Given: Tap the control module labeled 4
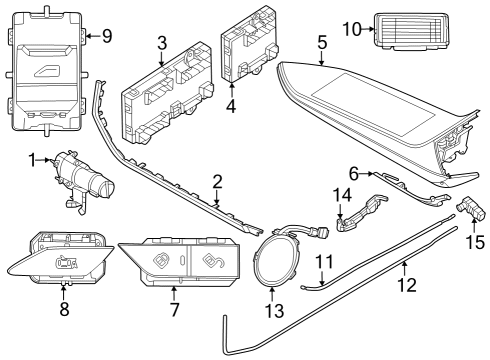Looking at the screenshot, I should pos(249,52).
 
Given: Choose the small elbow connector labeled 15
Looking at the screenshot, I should pos(471,212).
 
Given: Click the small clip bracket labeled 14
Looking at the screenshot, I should pos(358,215).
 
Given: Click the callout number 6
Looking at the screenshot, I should pos(354,172).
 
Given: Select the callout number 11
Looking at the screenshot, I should pos(322,262).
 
